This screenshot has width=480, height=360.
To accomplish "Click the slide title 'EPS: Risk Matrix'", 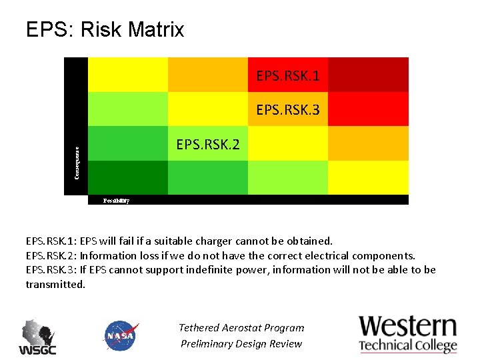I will [x=105, y=30].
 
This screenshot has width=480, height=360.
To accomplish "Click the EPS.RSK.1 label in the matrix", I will [x=287, y=76].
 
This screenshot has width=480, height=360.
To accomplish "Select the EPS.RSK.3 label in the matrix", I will [x=287, y=110].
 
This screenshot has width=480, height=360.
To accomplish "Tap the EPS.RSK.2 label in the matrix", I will [x=207, y=145].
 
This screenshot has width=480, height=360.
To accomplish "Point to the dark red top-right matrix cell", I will [x=368, y=75].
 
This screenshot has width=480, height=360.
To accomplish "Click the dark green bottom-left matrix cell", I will [x=127, y=178].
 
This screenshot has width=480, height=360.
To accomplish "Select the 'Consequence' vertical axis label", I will [x=76, y=163].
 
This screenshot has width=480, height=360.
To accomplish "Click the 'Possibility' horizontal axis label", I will [x=116, y=200].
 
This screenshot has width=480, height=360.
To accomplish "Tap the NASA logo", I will [x=121, y=336].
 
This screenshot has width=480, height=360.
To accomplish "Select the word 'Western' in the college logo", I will [x=408, y=327].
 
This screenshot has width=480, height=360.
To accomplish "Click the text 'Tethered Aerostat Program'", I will [x=241, y=327].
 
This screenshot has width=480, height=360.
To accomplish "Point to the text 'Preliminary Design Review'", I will [x=241, y=344].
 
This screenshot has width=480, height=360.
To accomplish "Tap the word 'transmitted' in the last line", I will [x=55, y=284].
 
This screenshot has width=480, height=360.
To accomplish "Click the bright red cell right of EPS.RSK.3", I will [x=368, y=109].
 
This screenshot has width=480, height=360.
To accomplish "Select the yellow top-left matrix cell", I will [x=127, y=75].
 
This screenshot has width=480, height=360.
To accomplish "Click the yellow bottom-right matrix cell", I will [x=368, y=178].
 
